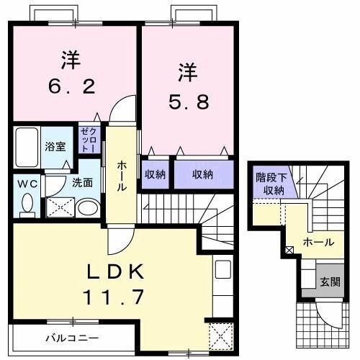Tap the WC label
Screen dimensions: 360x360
[x=27, y=183]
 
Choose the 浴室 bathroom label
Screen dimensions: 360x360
[x=55, y=146]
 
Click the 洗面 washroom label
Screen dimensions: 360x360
[x=82, y=182]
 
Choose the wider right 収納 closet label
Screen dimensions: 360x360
[x=203, y=174]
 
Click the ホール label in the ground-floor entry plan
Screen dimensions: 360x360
[x=318, y=243]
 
